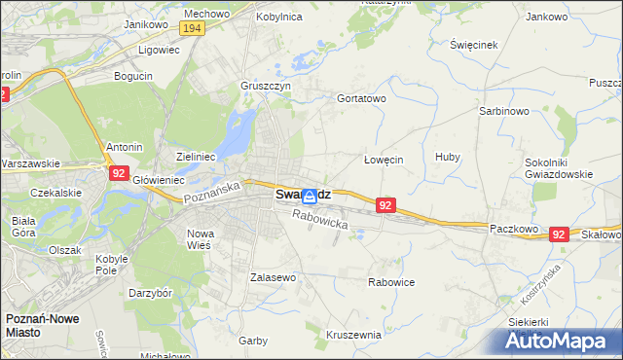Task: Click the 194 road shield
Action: (x=192, y=29)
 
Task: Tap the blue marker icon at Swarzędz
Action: (x=310, y=196)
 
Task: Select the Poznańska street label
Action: (x=212, y=190)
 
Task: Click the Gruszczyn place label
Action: (x=266, y=85)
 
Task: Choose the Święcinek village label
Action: (x=474, y=46)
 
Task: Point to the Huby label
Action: (x=448, y=157)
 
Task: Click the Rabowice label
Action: (x=391, y=282)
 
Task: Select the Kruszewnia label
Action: (x=353, y=335)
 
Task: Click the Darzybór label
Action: (x=151, y=292)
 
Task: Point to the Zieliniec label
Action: (x=195, y=156)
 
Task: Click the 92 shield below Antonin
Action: (x=118, y=172)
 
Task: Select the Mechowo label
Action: (x=205, y=15)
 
